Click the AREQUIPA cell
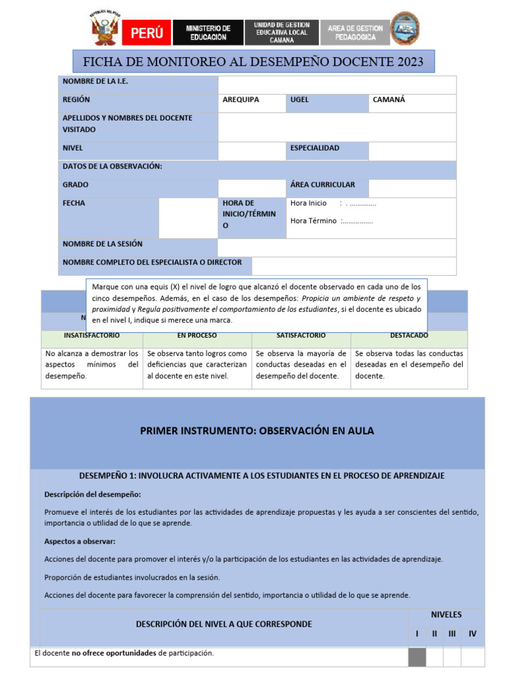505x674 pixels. click(241, 100)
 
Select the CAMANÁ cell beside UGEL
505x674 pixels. click(389, 100)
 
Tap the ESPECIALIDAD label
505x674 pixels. click(315, 148)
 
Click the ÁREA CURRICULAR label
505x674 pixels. click(322, 185)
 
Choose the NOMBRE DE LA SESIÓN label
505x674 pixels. click(103, 244)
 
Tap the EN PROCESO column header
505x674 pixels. click(197, 336)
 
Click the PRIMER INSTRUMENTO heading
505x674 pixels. click(257, 431)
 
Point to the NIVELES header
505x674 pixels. click(446, 615)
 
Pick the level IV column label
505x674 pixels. click(472, 634)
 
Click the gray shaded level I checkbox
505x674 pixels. click(417, 657)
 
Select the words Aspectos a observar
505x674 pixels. click(80, 541)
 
